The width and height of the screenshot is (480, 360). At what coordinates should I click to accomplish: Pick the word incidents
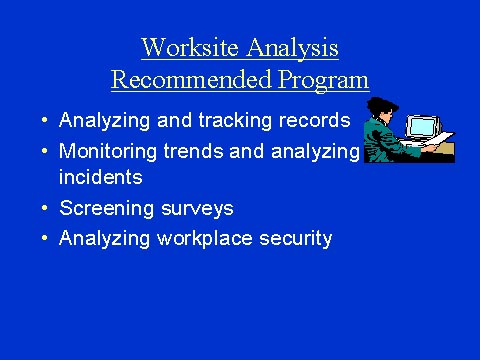click(x=101, y=178)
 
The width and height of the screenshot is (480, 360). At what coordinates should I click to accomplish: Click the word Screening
click(x=106, y=209)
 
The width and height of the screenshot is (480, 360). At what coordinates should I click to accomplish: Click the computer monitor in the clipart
click(x=421, y=128)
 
